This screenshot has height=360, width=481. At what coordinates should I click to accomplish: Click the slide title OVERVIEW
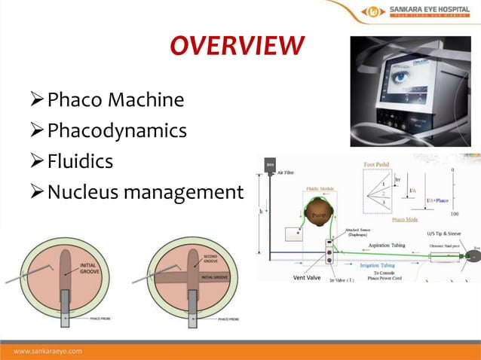tap(237, 45)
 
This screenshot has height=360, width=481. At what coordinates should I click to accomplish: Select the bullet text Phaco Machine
tap(115, 99)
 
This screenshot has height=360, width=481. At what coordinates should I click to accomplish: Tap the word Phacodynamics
tap(117, 130)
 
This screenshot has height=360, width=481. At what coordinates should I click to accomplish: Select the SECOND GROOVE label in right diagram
tap(212, 258)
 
